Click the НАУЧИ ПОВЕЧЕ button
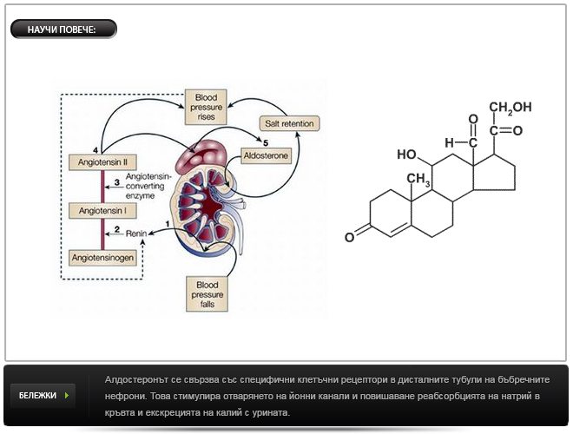tap(62, 30)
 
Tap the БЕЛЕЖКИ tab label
tap(37, 395)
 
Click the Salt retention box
tap(289, 122)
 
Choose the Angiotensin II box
tap(102, 161)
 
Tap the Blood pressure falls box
tap(209, 293)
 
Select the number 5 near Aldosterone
tap(266, 141)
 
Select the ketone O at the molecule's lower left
tap(348, 236)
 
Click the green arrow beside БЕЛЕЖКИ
tap(67, 395)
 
